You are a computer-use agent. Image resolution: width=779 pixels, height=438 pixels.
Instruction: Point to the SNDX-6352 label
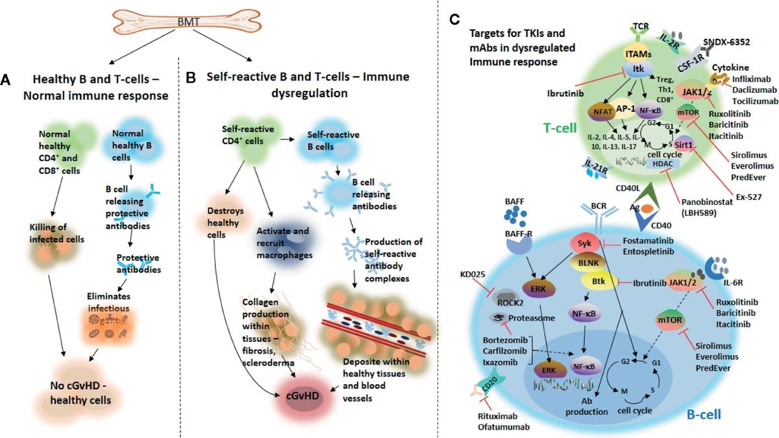pyautogui.click(x=732, y=40)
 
